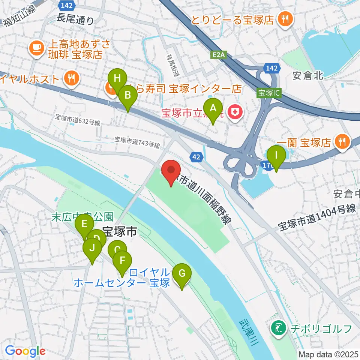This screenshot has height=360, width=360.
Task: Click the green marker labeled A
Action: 213,108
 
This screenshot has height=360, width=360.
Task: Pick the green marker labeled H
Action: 117,79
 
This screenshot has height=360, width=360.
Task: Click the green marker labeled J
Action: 91,248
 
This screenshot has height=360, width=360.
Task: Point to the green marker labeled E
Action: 84,224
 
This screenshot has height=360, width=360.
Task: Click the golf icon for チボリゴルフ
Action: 278,329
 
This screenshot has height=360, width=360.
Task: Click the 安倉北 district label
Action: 307,76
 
